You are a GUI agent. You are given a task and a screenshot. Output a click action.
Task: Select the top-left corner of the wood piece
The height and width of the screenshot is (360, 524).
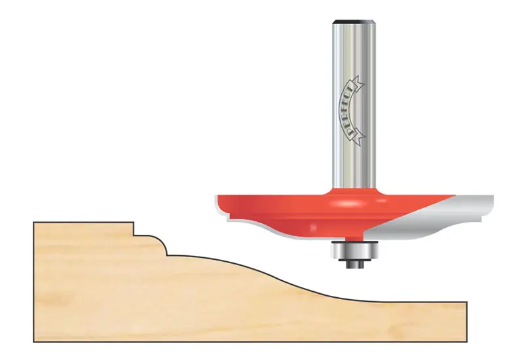(35, 223)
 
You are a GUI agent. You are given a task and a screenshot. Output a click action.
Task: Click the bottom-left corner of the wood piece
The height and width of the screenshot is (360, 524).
(35, 340)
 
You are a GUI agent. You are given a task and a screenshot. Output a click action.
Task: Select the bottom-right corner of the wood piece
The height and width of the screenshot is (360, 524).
(466, 340)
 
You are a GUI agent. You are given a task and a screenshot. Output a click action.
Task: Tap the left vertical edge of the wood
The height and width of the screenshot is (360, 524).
(34, 281)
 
